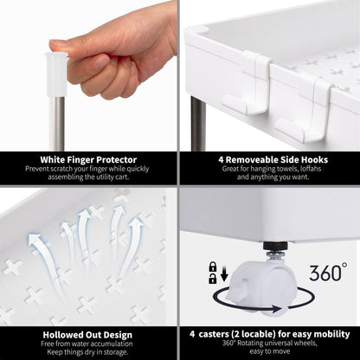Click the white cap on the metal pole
pos(56,74)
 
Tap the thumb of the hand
pos(75,46)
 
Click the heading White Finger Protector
pos(88,159)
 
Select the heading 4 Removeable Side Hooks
pos(273,159)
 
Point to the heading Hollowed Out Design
pos(87,335)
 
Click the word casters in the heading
pos(213,334)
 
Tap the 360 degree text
pos(328,272)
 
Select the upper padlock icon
pos(213,267)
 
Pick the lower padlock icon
pos(213,279)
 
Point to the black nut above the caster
pos(275,246)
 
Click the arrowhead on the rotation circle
pos(276,310)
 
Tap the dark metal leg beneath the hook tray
pos(198,124)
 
